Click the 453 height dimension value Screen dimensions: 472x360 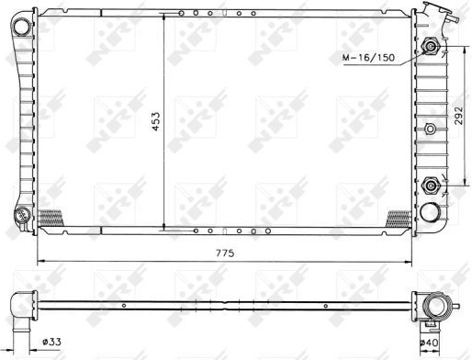[156, 121]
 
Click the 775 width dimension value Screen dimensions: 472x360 [225, 253]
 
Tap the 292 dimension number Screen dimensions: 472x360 [458, 116]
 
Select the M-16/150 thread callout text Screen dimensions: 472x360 [368, 57]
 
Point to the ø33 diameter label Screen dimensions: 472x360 [51, 342]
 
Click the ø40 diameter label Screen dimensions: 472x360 [429, 343]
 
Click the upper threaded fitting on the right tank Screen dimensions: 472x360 [431, 46]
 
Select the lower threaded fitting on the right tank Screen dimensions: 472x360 [431, 186]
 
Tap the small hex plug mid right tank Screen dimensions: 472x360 [431, 129]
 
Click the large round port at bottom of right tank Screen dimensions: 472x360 [430, 212]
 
